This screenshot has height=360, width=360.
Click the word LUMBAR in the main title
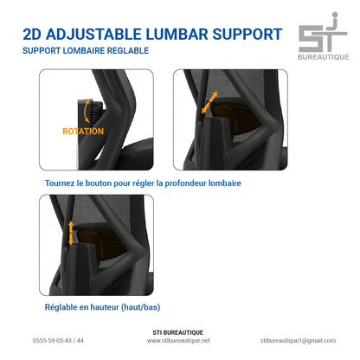click(x=177, y=35)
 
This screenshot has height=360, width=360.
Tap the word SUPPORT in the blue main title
click(x=247, y=35)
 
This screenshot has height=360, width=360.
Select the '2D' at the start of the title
click(x=32, y=35)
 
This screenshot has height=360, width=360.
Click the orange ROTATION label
click(x=83, y=132)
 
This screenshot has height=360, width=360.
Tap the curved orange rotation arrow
click(x=86, y=112)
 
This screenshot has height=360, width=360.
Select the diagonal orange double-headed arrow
click(x=209, y=102)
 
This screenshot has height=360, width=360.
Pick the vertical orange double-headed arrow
click(x=71, y=233)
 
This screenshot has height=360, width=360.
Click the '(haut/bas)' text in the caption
click(x=141, y=307)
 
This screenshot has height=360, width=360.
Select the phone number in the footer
click(x=58, y=341)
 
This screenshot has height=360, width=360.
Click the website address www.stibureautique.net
click(x=178, y=341)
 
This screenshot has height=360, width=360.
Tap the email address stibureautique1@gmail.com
click(x=298, y=341)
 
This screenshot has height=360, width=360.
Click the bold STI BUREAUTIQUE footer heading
click(x=178, y=332)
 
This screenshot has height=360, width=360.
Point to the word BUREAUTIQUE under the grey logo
click(x=324, y=57)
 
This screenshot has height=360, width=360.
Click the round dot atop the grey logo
click(x=335, y=15)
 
